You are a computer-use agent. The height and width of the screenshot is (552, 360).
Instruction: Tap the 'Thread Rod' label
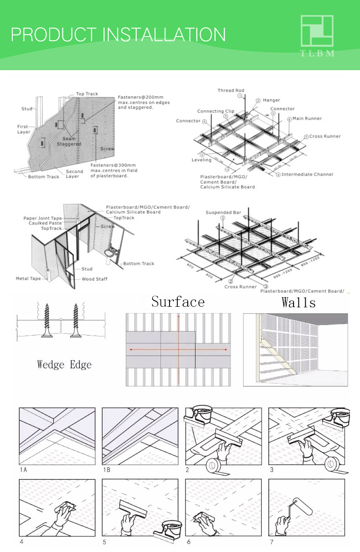(231, 90)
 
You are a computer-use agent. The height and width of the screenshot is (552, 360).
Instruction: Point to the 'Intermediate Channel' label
(307, 174)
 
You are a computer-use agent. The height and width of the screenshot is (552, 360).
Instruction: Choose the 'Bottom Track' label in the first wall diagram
(44, 176)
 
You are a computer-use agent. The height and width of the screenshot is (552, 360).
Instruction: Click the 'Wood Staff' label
(95, 279)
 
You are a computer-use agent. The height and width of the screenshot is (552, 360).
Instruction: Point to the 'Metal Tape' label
(28, 278)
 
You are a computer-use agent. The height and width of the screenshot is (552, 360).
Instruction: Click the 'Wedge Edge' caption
(64, 365)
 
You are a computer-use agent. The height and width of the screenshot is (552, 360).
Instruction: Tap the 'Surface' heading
(178, 302)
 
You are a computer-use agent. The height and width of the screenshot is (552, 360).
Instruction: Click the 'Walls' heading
(298, 303)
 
